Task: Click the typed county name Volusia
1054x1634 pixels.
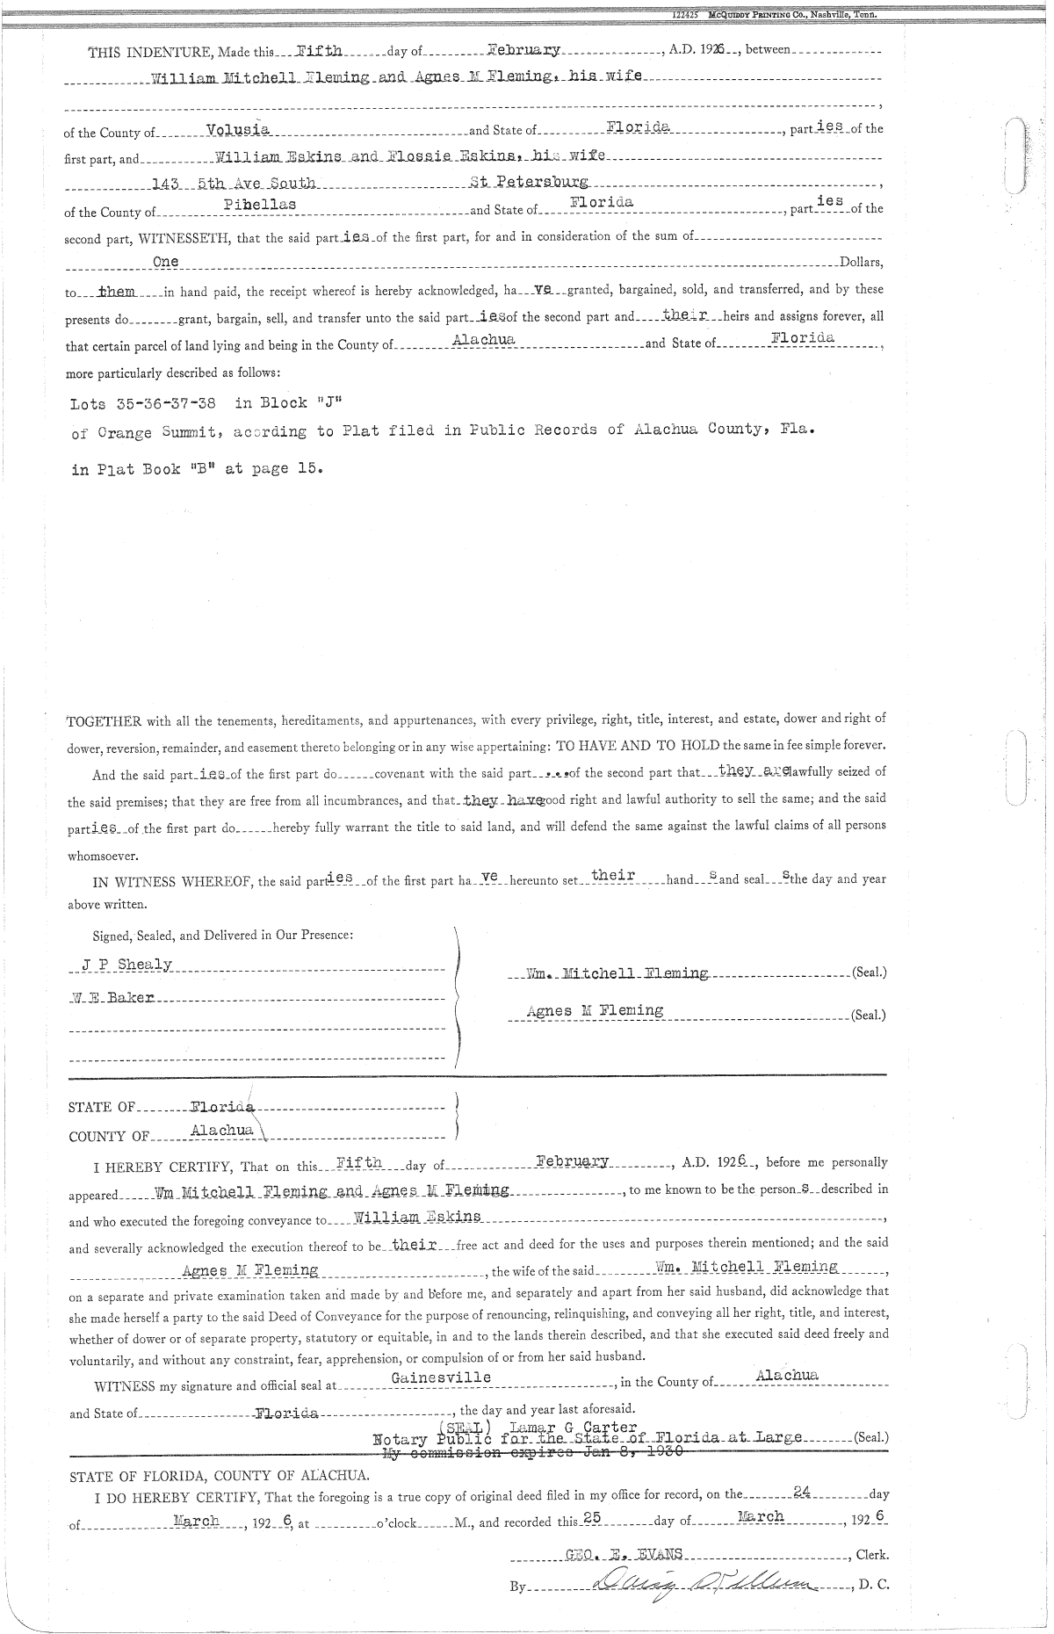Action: click(237, 130)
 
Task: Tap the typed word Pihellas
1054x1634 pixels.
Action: click(260, 204)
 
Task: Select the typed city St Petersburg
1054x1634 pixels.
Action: click(529, 183)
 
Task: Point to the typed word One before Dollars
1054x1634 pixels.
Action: click(165, 262)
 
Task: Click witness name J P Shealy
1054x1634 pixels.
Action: click(126, 964)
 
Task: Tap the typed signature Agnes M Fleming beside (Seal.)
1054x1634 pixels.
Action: click(595, 1010)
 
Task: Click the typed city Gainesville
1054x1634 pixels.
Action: click(441, 1377)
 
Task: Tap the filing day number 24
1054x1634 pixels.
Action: click(801, 1490)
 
